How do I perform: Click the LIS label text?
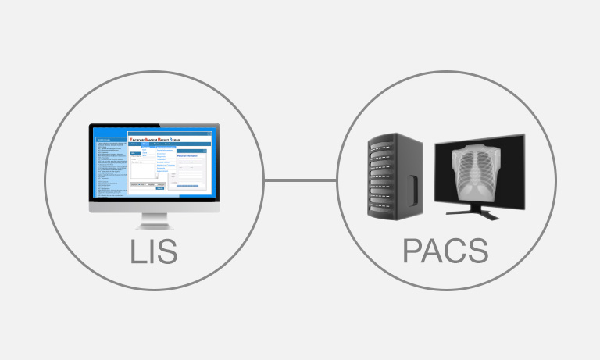pos(154,251)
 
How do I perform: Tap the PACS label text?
pos(445,251)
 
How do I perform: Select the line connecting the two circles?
pos(300,182)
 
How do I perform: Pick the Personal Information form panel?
pos(191,169)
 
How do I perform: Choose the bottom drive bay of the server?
pos(383,209)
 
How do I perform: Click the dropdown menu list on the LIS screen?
pos(165,159)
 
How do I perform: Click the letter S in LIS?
pos(166,251)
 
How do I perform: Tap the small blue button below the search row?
pos(160,188)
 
